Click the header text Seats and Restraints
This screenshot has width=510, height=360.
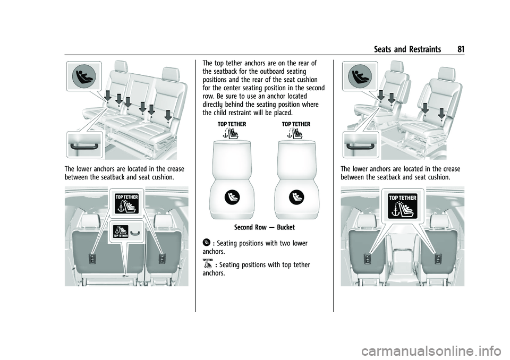tap(407, 49)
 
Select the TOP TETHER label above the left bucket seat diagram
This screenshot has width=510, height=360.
tap(232, 124)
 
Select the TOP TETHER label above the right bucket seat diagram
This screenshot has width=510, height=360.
tap(296, 124)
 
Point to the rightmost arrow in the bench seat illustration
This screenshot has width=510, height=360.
tap(168, 115)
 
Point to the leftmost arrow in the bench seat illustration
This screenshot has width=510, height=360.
tap(108, 96)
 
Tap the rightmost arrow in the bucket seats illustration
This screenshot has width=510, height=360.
tap(441, 113)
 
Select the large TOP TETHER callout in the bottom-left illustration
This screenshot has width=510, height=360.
tap(126, 203)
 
